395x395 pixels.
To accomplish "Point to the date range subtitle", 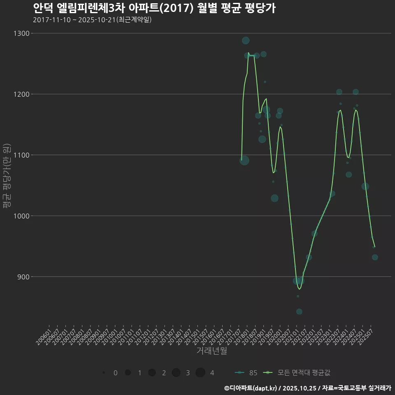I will [92, 20].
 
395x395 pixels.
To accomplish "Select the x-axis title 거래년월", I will [211, 351].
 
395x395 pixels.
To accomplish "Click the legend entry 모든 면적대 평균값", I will [298, 373].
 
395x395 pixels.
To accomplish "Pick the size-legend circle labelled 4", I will [200, 373].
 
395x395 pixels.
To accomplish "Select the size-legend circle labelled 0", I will [104, 373].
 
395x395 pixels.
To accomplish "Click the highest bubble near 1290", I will [246, 40].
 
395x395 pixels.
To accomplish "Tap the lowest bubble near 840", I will [299, 311].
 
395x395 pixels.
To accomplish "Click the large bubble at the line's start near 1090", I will [244, 160].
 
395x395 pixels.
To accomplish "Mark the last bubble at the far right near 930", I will [375, 257].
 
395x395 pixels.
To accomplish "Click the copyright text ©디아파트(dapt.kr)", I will [251, 388].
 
